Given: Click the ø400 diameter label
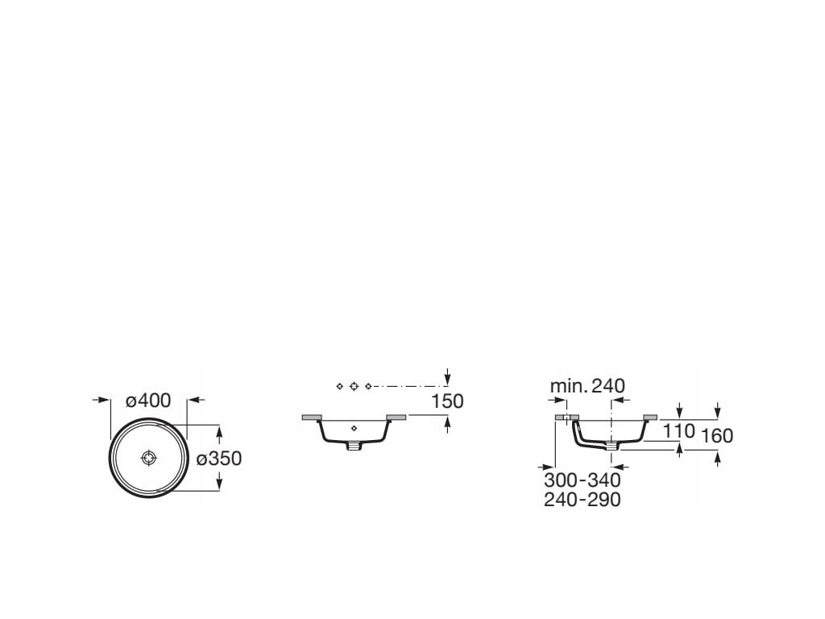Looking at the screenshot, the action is point(148,401).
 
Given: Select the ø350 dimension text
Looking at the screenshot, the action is point(219,459).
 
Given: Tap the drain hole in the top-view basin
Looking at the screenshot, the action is point(149,458).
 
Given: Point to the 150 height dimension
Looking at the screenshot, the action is point(447,401).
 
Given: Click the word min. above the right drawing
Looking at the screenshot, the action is point(568,386).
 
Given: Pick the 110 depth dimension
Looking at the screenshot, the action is point(678,431).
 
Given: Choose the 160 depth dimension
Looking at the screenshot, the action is point(716,436).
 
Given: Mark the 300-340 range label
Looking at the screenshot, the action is point(582,480).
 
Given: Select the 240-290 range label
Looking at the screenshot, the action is point(582,500).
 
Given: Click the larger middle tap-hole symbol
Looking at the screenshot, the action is point(354,386).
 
